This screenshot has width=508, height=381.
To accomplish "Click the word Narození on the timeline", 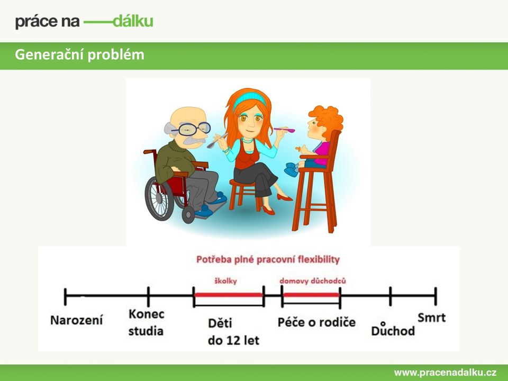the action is point(76,320).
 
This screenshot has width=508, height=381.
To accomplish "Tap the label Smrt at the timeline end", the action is point(432,317).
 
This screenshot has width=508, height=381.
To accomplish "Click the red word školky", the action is point(225,281).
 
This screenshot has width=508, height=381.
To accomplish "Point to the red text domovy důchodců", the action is point(313,280).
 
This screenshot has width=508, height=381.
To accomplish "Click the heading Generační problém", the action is point(80,55).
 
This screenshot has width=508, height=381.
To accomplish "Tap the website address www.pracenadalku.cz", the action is point(445,373).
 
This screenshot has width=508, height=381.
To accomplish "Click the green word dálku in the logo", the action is point(133,21).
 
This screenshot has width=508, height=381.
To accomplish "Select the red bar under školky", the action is point(229,295).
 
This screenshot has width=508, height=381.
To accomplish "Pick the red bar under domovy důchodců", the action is point(311,295).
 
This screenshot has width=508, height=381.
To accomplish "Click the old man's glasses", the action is point(191,129).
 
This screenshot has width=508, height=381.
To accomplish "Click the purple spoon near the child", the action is point(285,130).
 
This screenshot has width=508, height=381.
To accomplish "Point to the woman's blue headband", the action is point(249,98).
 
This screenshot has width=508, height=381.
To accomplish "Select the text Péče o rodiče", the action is point(316,322).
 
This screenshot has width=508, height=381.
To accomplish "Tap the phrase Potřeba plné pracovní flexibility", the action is point(268,259).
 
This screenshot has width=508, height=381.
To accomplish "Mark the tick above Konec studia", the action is point(148,296).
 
